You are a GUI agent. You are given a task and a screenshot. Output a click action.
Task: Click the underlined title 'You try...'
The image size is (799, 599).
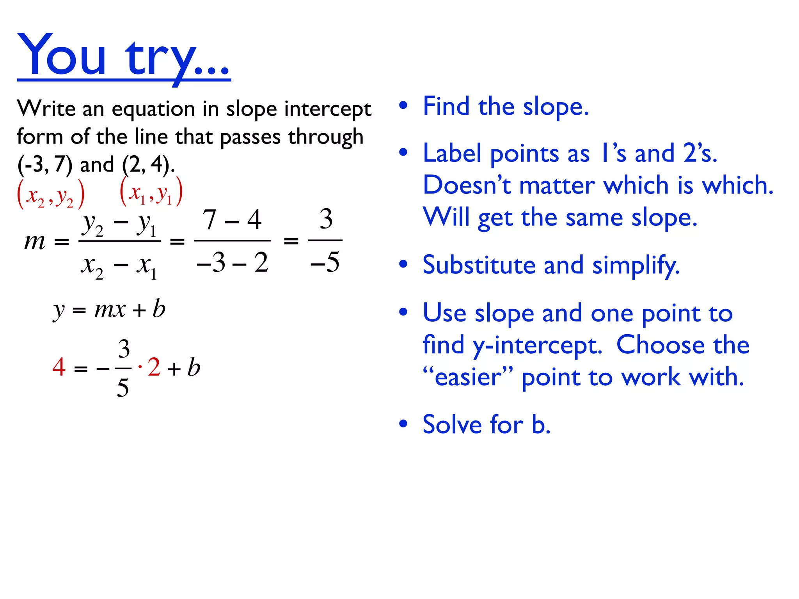[124, 57]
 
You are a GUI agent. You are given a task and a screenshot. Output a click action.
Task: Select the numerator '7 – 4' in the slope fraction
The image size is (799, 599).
[232, 220]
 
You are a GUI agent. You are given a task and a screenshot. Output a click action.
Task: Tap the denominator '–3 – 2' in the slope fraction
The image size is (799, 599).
[233, 262]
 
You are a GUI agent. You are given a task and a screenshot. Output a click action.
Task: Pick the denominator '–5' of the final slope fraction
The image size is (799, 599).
[325, 262]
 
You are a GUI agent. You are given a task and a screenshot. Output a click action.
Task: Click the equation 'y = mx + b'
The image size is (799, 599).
[109, 310]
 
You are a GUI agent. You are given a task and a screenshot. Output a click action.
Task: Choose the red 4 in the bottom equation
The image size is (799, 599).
[59, 367]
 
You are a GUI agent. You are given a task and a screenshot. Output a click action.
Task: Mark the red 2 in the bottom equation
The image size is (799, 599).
[154, 367]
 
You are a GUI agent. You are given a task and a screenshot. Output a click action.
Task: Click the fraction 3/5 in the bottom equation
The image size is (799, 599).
[123, 368]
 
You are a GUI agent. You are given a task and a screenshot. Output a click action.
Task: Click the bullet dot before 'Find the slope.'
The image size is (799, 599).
[403, 105]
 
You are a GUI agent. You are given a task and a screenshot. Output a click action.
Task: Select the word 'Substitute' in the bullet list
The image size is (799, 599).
[479, 265]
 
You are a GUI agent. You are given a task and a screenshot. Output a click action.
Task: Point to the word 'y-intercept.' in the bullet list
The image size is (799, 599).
[538, 346]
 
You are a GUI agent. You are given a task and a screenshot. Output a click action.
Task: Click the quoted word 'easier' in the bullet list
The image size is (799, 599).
[468, 377]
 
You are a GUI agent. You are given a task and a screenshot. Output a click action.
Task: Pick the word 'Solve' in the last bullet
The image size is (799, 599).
[453, 425]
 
